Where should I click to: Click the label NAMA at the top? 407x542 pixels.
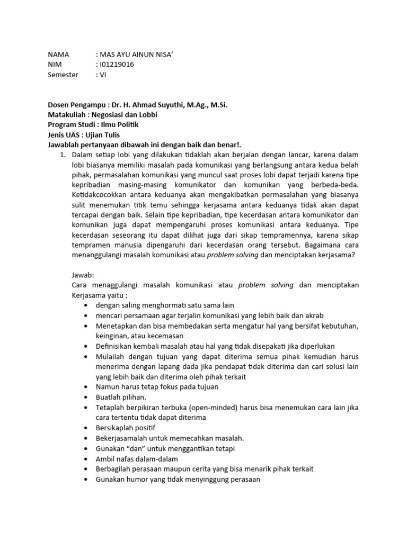58,55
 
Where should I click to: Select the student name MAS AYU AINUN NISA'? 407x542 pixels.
140,55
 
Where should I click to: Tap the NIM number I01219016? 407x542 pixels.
117,65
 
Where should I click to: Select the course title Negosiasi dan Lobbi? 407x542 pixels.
125,115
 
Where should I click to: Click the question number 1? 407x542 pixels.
61,155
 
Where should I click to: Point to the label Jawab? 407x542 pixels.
83,275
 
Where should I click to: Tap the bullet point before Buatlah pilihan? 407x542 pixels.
86,396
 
